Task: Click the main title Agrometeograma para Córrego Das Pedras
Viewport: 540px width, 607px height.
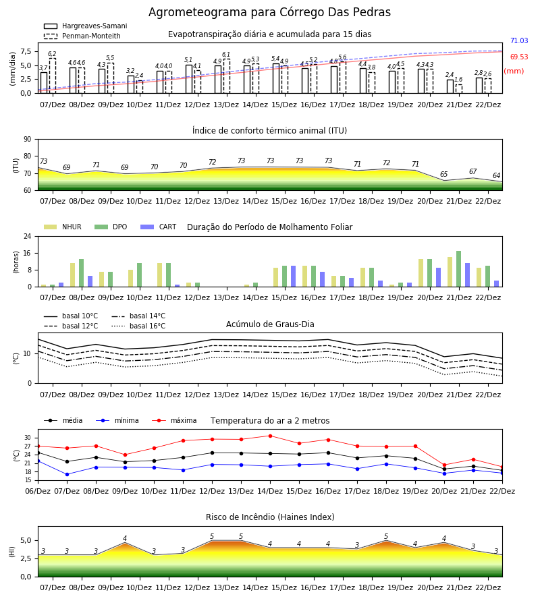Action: click(269, 12)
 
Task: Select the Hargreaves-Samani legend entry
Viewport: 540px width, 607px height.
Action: click(86, 26)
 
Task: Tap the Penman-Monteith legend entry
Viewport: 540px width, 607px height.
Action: click(82, 36)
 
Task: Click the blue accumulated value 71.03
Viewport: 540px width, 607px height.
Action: click(519, 40)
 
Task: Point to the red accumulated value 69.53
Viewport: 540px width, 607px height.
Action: click(519, 57)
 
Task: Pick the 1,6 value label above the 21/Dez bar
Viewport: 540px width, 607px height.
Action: click(458, 80)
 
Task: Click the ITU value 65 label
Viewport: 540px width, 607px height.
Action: click(444, 174)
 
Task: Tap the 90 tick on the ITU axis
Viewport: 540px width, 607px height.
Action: click(27, 140)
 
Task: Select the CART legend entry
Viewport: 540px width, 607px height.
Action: click(159, 227)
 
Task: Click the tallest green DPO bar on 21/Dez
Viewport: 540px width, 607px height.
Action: click(458, 269)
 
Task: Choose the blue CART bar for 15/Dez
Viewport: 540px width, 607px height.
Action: click(293, 277)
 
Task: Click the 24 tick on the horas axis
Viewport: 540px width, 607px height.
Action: click(27, 236)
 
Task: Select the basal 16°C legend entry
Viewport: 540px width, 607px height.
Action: click(138, 326)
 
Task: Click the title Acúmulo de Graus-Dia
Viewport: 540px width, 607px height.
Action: click(270, 324)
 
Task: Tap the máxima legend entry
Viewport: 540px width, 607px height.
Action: click(174, 420)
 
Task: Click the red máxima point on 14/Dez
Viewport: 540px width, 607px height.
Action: click(271, 436)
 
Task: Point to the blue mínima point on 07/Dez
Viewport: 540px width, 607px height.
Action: click(67, 474)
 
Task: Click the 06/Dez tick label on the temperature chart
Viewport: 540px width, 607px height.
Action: click(38, 491)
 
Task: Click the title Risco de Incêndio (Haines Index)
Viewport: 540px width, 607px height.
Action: click(270, 517)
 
